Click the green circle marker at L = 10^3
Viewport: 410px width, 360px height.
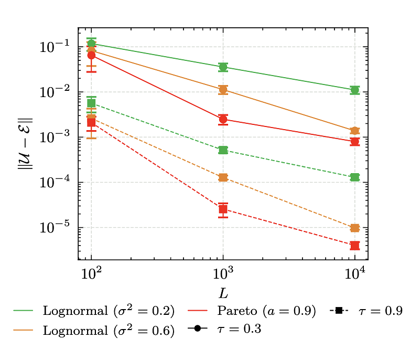pyautogui.click(x=223, y=67)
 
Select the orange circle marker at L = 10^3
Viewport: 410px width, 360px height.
pyautogui.click(x=223, y=90)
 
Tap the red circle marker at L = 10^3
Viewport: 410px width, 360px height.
pyautogui.click(x=223, y=120)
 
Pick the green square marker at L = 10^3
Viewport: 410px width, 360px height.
pyautogui.click(x=223, y=151)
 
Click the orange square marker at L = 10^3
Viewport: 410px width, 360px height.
pyautogui.click(x=223, y=178)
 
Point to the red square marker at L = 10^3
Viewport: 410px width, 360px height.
pyautogui.click(x=223, y=209)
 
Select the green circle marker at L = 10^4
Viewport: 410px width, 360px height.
pyautogui.click(x=355, y=90)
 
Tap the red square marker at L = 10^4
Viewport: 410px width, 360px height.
pyautogui.click(x=355, y=246)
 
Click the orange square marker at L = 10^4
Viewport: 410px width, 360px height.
pyautogui.click(x=355, y=228)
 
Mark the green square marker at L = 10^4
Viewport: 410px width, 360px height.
pyautogui.click(x=355, y=177)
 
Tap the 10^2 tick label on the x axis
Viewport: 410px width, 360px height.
pyautogui.click(x=91, y=273)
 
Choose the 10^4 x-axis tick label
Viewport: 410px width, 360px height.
pyautogui.click(x=355, y=273)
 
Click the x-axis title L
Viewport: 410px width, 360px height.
pyautogui.click(x=223, y=290)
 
